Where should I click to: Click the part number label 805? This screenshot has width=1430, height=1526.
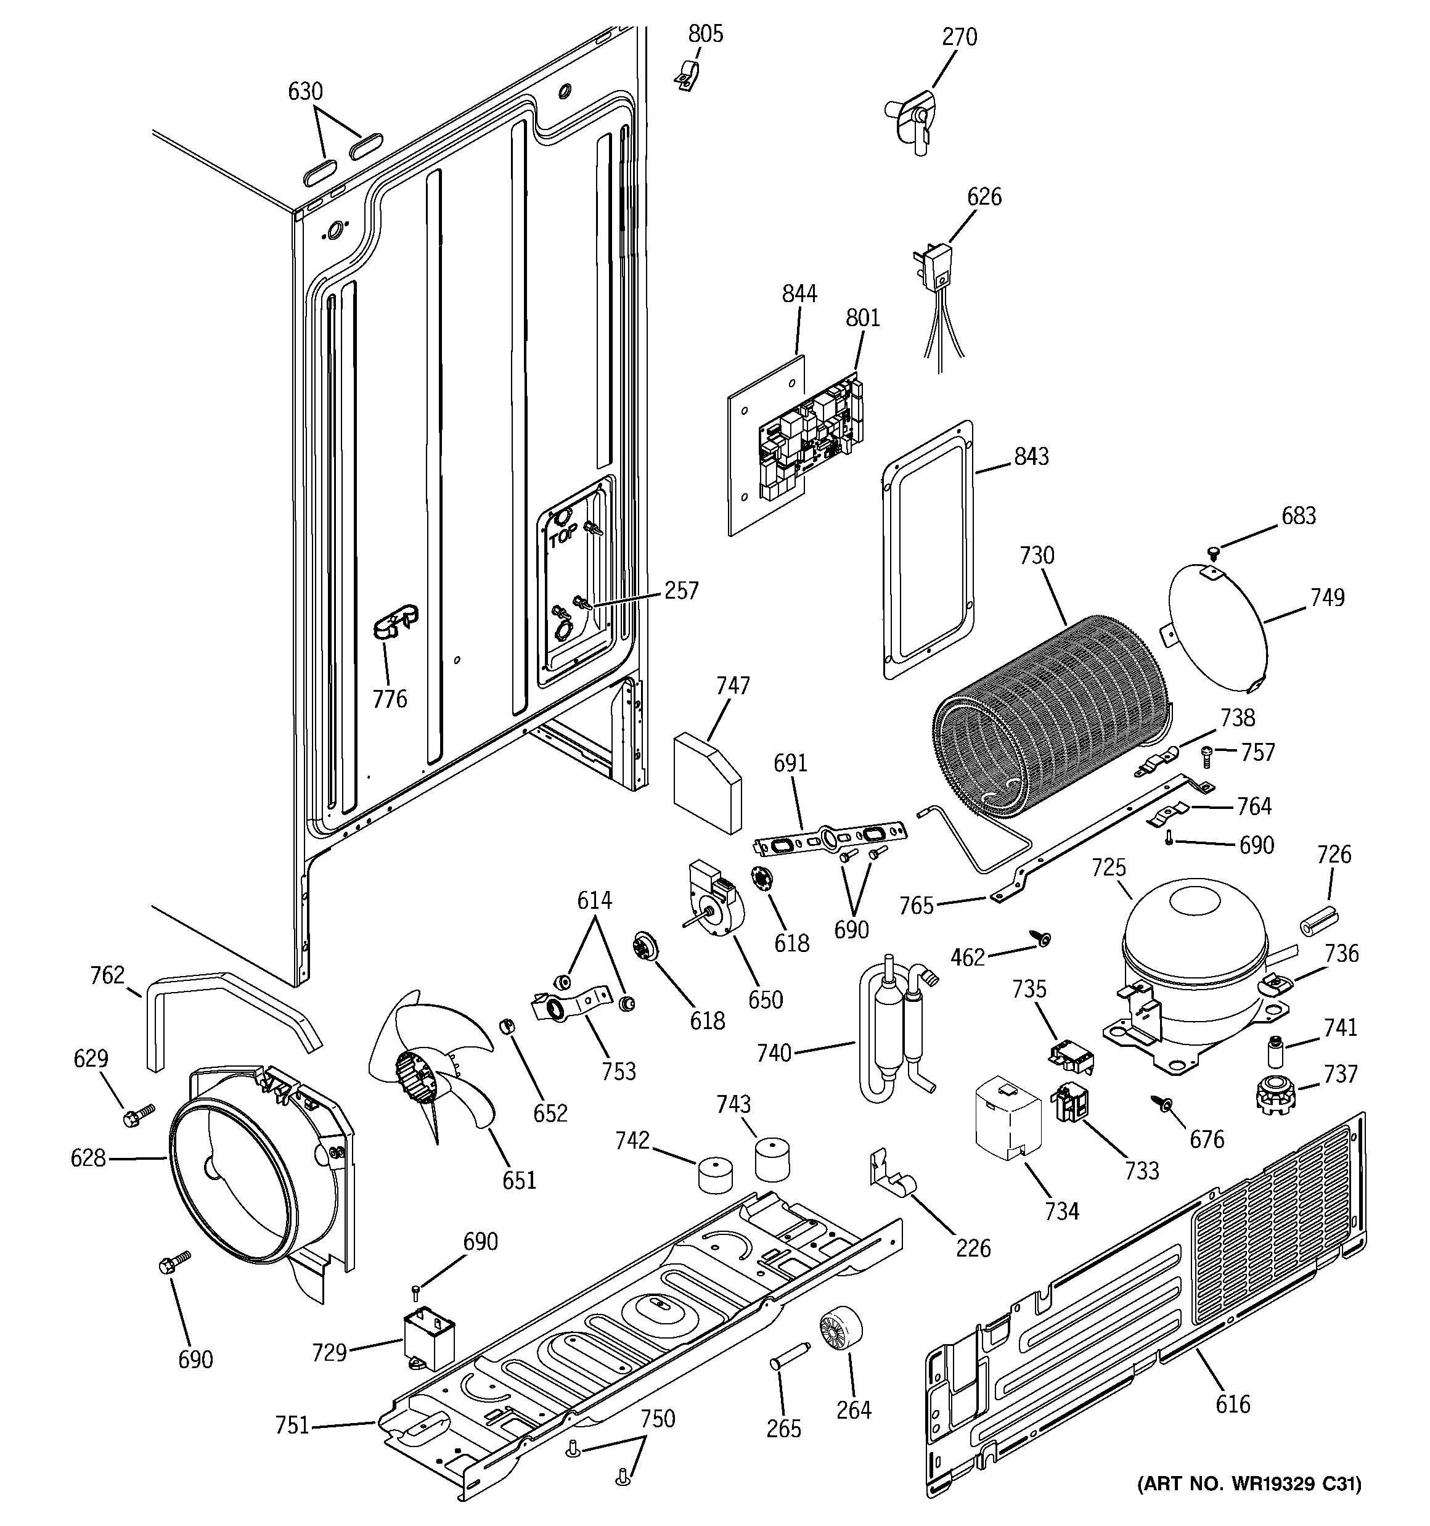[x=705, y=34]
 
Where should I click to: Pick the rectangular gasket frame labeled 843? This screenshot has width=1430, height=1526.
[x=929, y=549]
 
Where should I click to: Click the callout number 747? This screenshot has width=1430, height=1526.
[x=732, y=686]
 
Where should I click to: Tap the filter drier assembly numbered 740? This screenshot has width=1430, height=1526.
[x=894, y=1028]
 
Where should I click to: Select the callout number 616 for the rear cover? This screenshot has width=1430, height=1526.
[x=1233, y=1405]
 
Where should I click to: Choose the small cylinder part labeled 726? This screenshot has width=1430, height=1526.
[x=1317, y=921]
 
